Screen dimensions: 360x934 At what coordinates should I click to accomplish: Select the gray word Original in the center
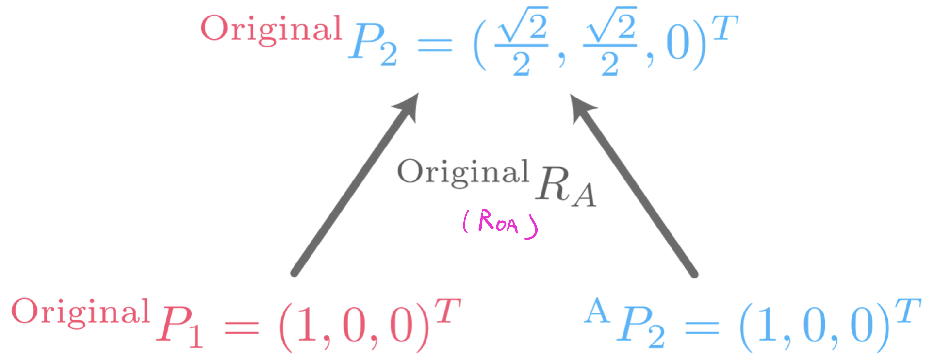463,172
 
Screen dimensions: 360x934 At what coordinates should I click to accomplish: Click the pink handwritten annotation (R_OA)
500,224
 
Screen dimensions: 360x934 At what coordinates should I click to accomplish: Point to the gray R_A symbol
566,187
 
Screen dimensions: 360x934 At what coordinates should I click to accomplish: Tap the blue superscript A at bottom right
597,311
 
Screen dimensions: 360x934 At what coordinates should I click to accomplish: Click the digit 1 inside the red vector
307,325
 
